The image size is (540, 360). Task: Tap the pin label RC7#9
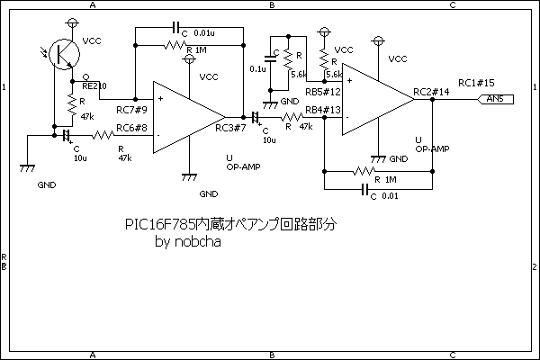point(131,110)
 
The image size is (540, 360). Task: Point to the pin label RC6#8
point(131,128)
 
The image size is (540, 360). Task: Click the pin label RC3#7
point(230,128)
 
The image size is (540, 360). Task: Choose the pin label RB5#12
point(322,92)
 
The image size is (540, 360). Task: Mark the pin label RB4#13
point(322,110)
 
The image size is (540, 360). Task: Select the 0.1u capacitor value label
point(256,68)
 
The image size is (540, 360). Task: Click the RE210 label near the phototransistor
point(94,85)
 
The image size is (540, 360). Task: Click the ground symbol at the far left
point(27,167)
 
